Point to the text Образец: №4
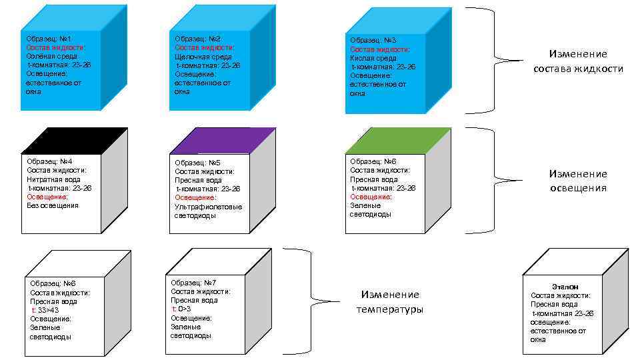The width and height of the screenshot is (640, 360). click(49, 161)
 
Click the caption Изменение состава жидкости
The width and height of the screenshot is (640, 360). click(578, 61)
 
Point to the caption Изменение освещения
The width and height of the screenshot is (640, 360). click(578, 181)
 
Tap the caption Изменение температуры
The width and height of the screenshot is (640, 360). click(390, 301)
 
